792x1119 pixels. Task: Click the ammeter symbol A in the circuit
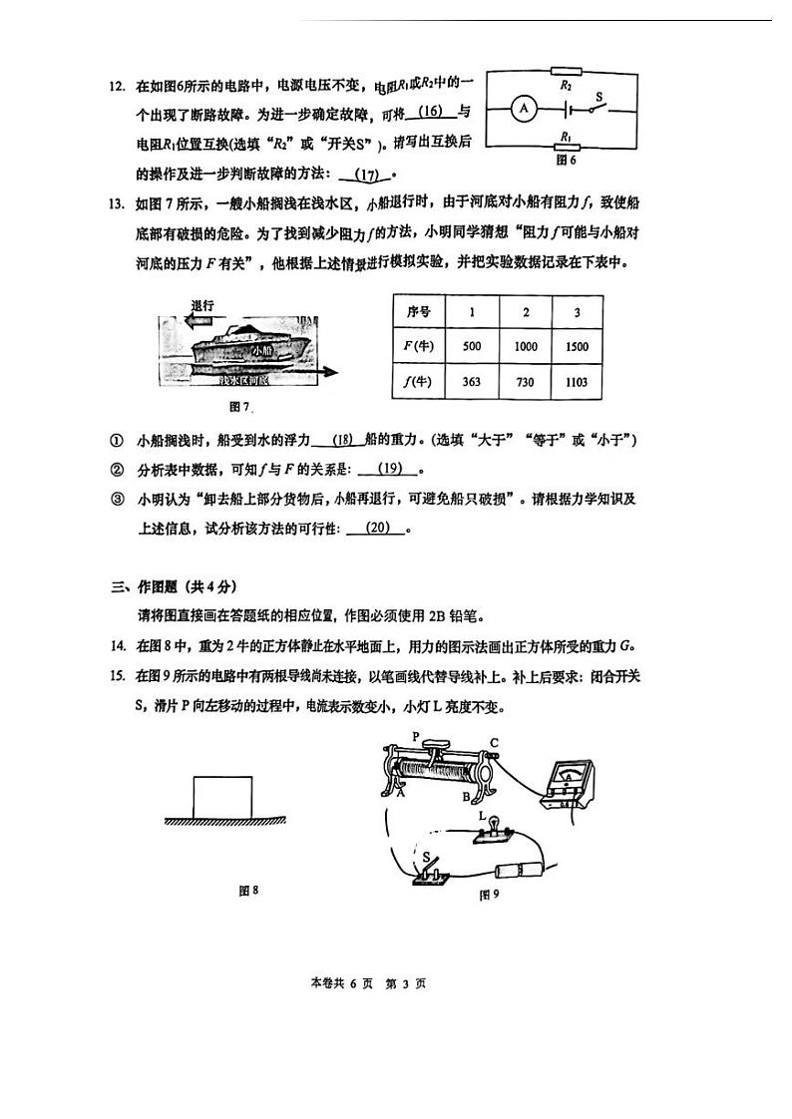[525, 111]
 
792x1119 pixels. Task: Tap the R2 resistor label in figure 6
[566, 86]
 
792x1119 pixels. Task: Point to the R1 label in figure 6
[566, 137]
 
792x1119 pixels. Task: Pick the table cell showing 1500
[576, 346]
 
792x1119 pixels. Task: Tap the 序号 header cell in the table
[418, 311]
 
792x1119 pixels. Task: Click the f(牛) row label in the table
[418, 381]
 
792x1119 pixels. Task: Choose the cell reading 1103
[576, 381]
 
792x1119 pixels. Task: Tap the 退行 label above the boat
[202, 305]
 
